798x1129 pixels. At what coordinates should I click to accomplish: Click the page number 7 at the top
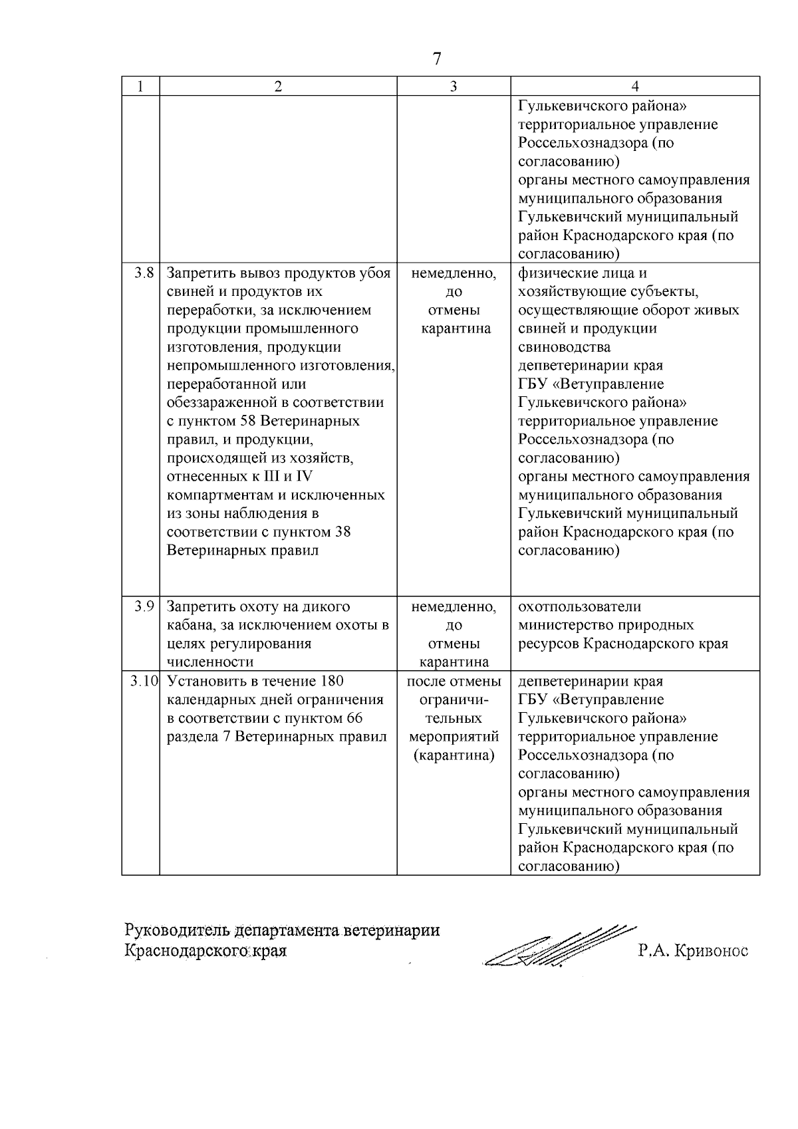pos(437,59)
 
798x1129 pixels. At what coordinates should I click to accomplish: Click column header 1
pos(140,86)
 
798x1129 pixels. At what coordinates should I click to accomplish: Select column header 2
pos(278,86)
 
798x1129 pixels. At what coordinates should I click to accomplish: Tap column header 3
pos(454,86)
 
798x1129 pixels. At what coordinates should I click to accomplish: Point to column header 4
pos(635,86)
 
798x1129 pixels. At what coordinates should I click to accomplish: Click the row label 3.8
pos(144,273)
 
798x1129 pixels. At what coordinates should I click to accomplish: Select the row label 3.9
pos(144,606)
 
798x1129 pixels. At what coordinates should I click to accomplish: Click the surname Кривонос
pos(711,951)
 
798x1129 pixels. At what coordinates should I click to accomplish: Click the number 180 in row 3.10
pos(331,681)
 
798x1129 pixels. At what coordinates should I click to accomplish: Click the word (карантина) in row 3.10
pos(454,755)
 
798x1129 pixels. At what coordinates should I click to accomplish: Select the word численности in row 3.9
pos(209,662)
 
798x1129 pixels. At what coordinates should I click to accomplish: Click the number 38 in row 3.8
pos(343,532)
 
